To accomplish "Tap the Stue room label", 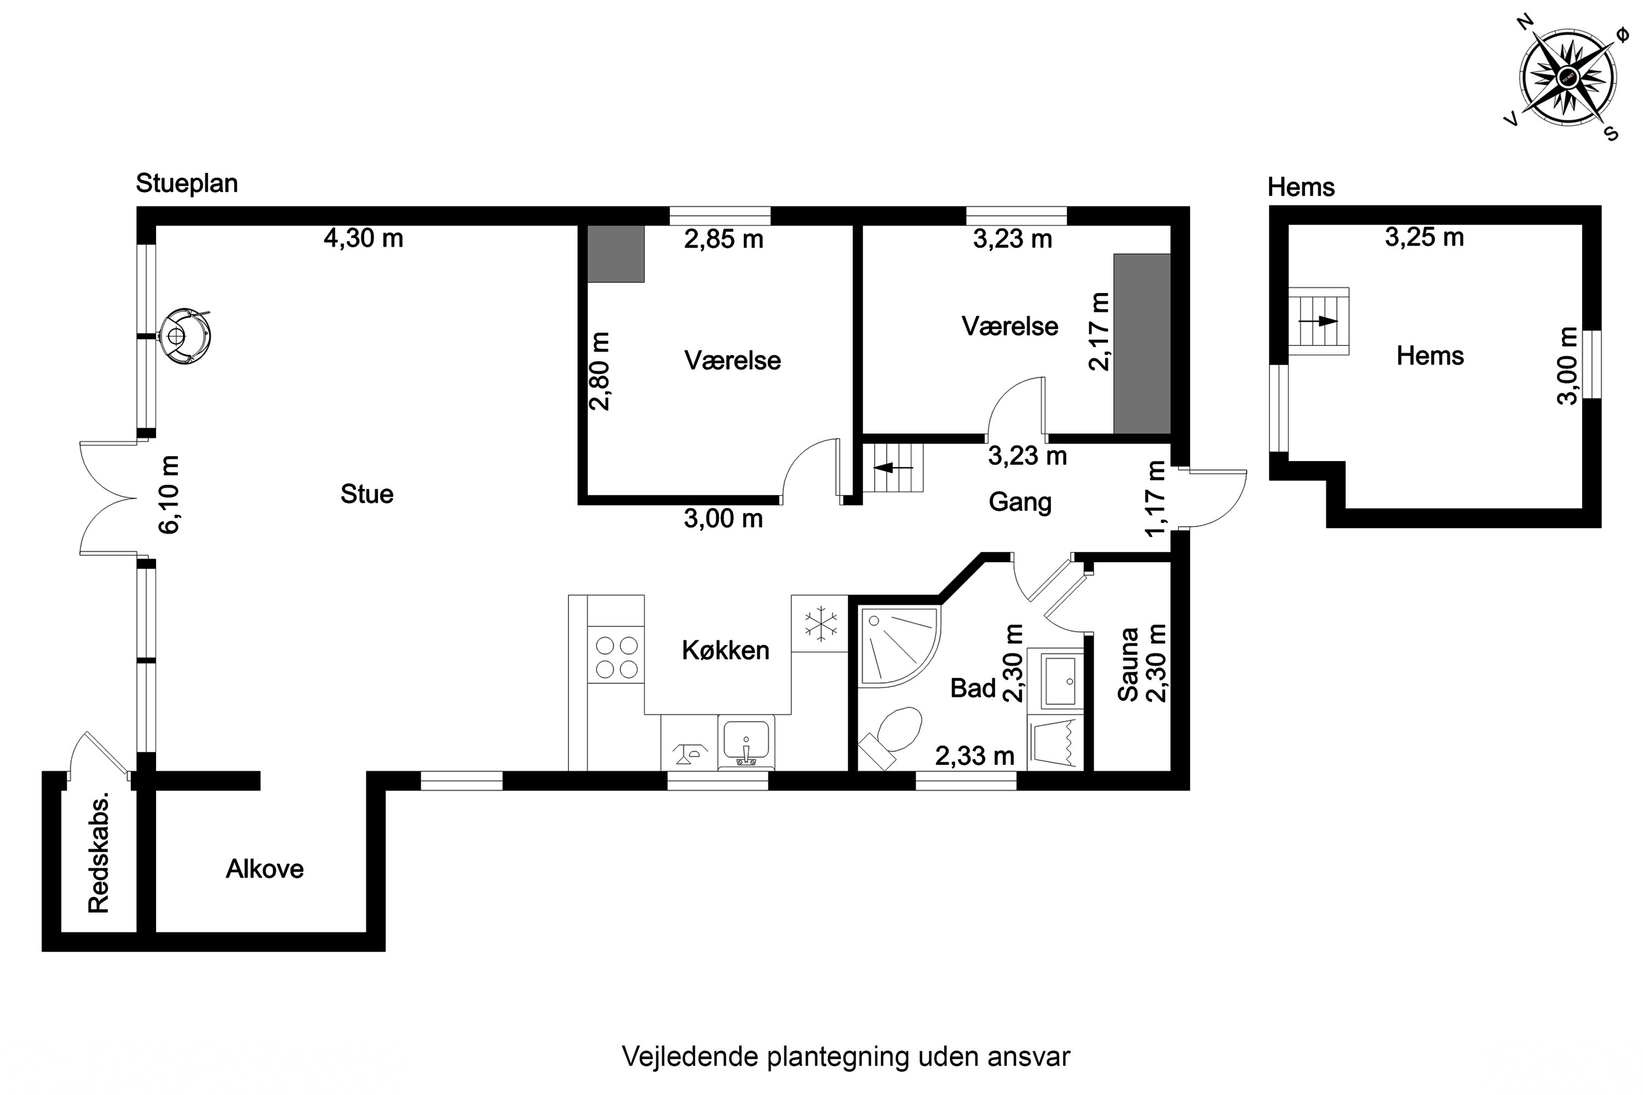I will click(367, 494).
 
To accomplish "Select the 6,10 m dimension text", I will click(169, 494).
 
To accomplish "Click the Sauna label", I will click(1128, 664).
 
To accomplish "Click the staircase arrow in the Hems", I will click(1318, 321).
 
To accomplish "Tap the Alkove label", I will click(265, 869).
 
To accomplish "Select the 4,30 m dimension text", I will click(363, 239).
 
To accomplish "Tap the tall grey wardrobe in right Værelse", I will click(1141, 344).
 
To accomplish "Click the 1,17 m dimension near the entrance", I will click(1156, 499).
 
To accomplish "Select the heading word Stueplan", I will click(187, 183).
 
